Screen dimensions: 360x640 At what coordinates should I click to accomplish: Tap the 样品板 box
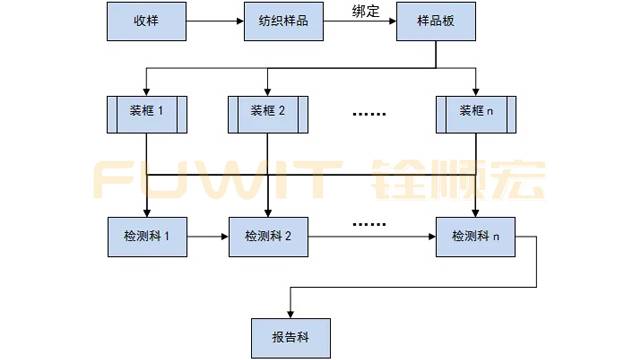(433, 21)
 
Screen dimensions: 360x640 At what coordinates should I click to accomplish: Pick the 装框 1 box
(147, 113)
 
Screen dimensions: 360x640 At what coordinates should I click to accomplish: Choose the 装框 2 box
(269, 113)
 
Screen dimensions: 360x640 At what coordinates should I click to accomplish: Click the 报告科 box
(289, 330)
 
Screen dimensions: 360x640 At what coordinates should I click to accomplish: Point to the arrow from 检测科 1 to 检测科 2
(208, 237)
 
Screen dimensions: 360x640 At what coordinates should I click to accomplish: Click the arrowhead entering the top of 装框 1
(147, 91)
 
